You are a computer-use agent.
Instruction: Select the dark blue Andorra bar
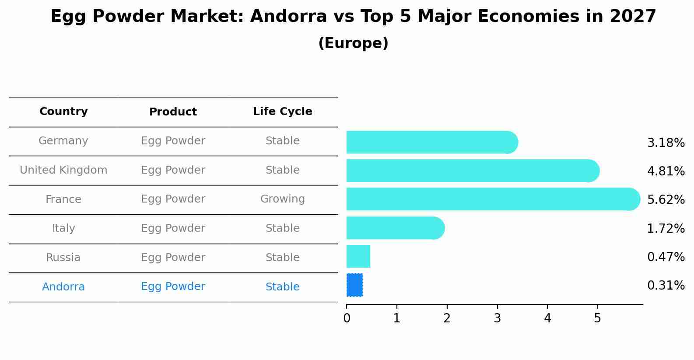click(354, 285)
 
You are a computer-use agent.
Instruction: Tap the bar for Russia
click(358, 256)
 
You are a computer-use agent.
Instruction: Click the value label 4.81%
click(666, 171)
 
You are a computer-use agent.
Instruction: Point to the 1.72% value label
click(666, 228)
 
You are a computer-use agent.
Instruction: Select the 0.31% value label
click(666, 286)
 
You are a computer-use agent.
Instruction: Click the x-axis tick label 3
click(497, 318)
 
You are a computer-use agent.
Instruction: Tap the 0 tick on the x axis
click(347, 318)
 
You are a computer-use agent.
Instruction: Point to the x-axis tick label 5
click(597, 318)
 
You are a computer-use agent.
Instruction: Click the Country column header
click(63, 112)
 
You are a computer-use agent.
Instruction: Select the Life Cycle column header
click(282, 112)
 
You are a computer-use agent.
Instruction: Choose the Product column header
click(173, 112)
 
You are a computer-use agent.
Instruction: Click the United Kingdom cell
click(63, 170)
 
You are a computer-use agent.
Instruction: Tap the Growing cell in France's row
click(282, 199)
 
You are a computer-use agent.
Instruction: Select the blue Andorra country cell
click(63, 287)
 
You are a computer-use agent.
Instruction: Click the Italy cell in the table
click(63, 228)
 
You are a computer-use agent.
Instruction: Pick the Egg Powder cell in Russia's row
click(173, 258)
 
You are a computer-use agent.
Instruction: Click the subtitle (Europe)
click(353, 43)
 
